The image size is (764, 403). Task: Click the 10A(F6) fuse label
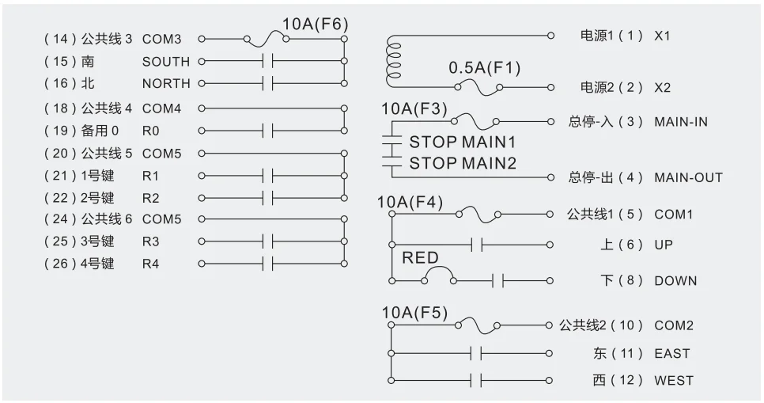[315, 24]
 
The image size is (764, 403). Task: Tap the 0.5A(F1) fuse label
[484, 68]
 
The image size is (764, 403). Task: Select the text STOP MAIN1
[462, 143]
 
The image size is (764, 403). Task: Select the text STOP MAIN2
[462, 163]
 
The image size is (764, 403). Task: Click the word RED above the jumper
[420, 258]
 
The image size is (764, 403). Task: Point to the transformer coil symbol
[391, 60]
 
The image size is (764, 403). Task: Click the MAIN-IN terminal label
[681, 122]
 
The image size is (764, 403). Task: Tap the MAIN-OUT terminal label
[688, 177]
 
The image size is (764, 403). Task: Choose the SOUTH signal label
[166, 61]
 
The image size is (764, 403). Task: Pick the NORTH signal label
[166, 83]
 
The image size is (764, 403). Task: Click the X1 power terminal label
[662, 36]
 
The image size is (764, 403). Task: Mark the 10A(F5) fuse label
[414, 313]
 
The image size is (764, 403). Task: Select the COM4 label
[161, 108]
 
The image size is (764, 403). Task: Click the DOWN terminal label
[675, 280]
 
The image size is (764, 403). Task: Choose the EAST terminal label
[671, 354]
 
